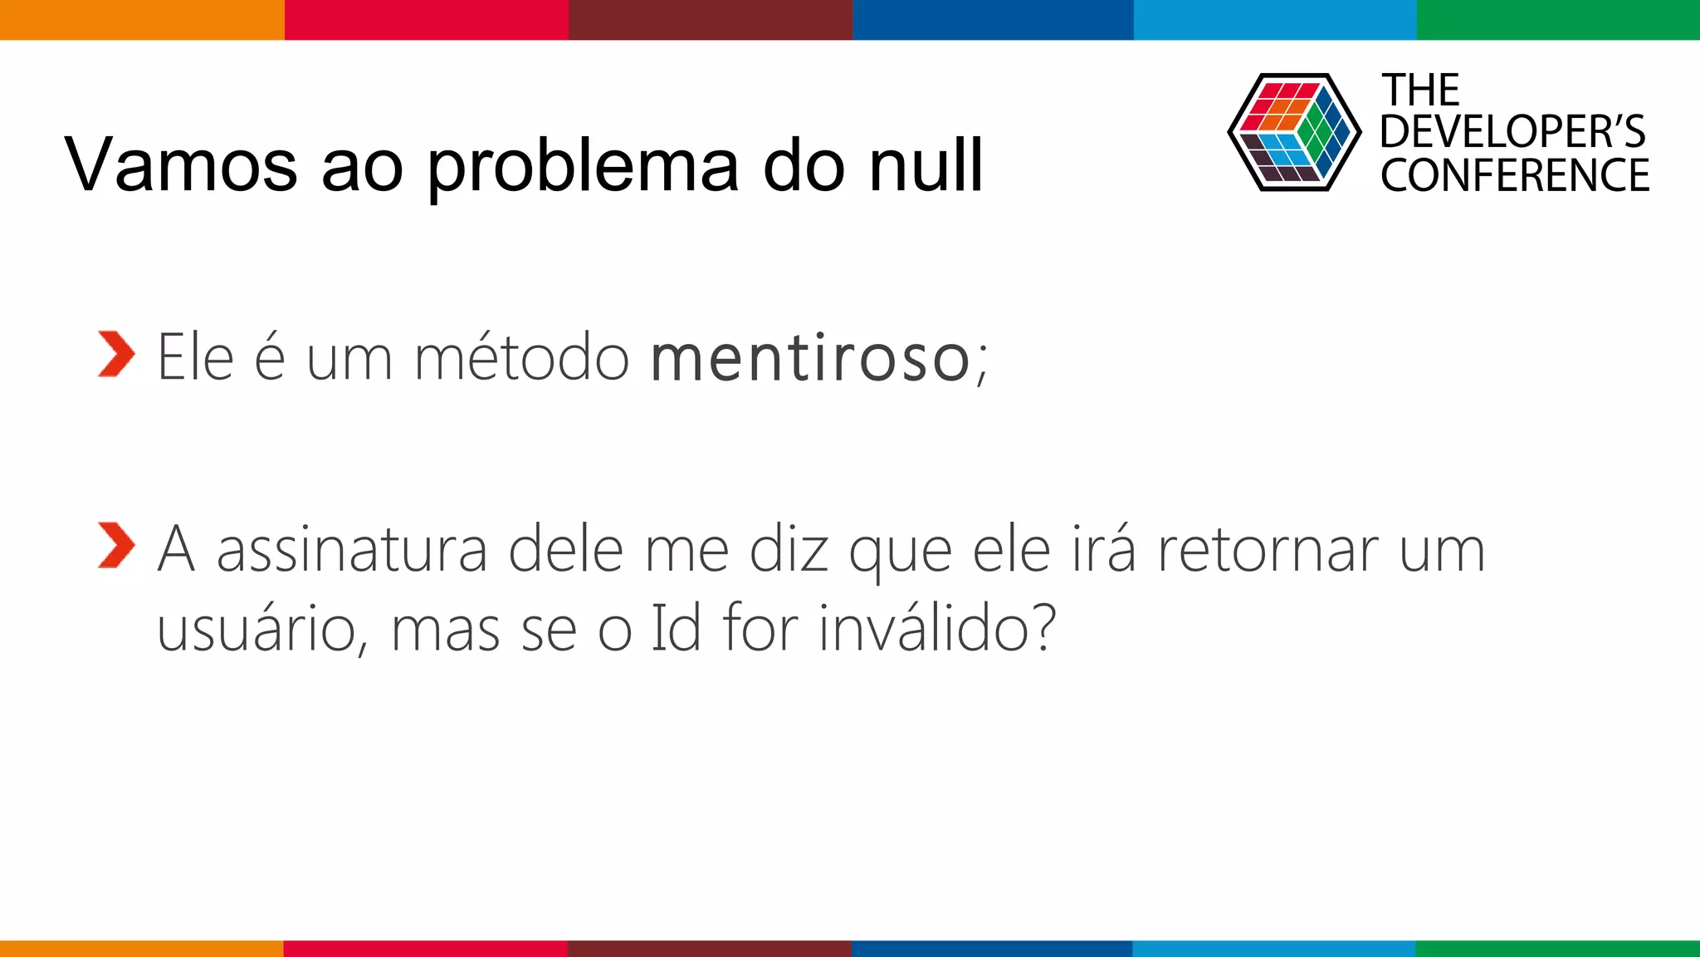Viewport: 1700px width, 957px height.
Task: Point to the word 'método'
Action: tap(521, 358)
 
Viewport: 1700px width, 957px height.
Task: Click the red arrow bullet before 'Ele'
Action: tap(115, 354)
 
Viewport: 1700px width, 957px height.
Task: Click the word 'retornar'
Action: tap(1268, 549)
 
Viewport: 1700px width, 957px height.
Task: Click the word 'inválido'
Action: tap(936, 627)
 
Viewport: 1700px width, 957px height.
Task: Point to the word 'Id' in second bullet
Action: tap(676, 627)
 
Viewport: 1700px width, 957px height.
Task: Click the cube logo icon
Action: tap(1293, 132)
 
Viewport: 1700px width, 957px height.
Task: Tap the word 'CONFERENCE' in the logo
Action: tap(1515, 175)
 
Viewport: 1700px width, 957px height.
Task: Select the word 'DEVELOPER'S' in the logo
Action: tap(1512, 132)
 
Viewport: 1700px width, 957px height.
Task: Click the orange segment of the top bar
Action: tap(141, 19)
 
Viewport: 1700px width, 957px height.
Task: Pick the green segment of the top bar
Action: tap(1558, 19)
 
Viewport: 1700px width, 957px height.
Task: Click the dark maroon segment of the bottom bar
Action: tap(710, 948)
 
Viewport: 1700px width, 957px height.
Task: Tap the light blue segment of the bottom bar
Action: tap(1274, 948)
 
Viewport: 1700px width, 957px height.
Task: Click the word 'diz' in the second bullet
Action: tap(789, 549)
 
